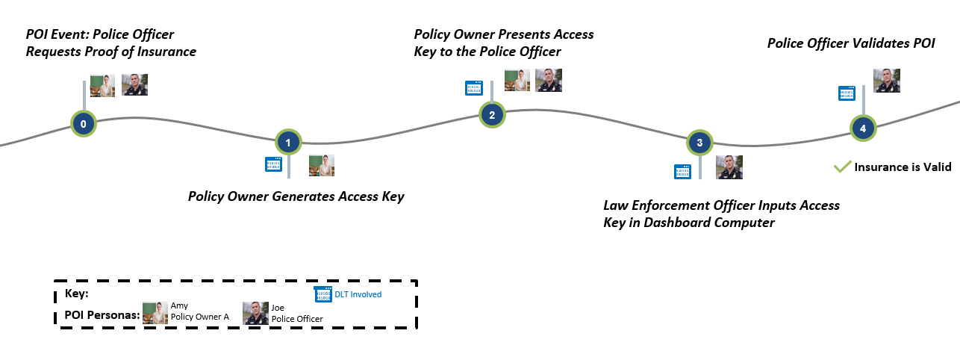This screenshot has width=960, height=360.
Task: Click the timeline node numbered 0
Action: (83, 124)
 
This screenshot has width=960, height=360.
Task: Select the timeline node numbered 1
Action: (288, 143)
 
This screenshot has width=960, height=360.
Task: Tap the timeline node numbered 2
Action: (492, 115)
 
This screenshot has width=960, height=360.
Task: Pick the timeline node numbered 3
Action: (699, 143)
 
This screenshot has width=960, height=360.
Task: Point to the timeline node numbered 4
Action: (863, 128)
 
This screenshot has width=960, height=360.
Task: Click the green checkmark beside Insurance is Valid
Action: (842, 167)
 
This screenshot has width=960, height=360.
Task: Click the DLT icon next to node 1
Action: (273, 164)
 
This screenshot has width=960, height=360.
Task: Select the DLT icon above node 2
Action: (474, 88)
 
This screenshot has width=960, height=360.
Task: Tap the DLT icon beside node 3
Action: (683, 172)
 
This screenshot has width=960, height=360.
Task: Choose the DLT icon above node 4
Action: (847, 93)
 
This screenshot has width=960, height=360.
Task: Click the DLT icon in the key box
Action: (323, 294)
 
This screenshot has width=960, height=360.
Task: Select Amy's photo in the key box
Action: (155, 313)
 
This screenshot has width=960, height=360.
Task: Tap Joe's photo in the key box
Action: (255, 313)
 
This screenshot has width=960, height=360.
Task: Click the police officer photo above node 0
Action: (134, 84)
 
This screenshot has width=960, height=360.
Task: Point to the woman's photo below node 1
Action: (322, 165)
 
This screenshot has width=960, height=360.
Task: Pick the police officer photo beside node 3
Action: (729, 167)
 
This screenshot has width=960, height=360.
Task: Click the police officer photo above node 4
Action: (887, 81)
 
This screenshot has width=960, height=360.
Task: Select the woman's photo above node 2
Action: (517, 81)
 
